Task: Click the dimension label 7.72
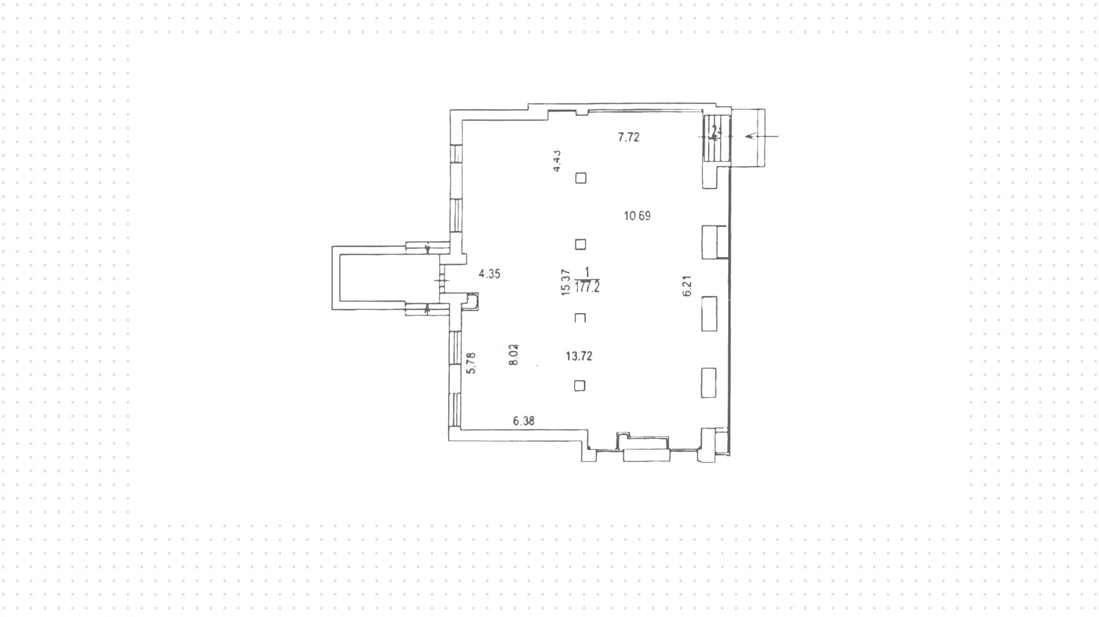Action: click(x=628, y=137)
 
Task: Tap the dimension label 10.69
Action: click(x=637, y=216)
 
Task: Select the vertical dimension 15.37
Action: click(x=566, y=282)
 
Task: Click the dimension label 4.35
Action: click(x=489, y=274)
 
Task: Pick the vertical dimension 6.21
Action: click(x=687, y=286)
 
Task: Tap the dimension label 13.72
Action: click(x=579, y=357)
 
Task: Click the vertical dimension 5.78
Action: click(x=471, y=363)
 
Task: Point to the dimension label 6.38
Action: click(x=524, y=421)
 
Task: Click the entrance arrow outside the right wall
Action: click(x=761, y=136)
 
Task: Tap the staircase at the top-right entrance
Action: click(x=714, y=137)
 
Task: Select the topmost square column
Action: click(x=580, y=178)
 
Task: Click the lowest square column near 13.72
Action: click(x=579, y=386)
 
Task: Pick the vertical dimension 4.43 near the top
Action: click(x=556, y=161)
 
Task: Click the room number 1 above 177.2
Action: click(x=587, y=271)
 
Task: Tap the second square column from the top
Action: click(x=580, y=244)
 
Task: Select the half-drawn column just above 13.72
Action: click(x=580, y=318)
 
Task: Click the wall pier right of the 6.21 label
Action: click(x=710, y=314)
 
